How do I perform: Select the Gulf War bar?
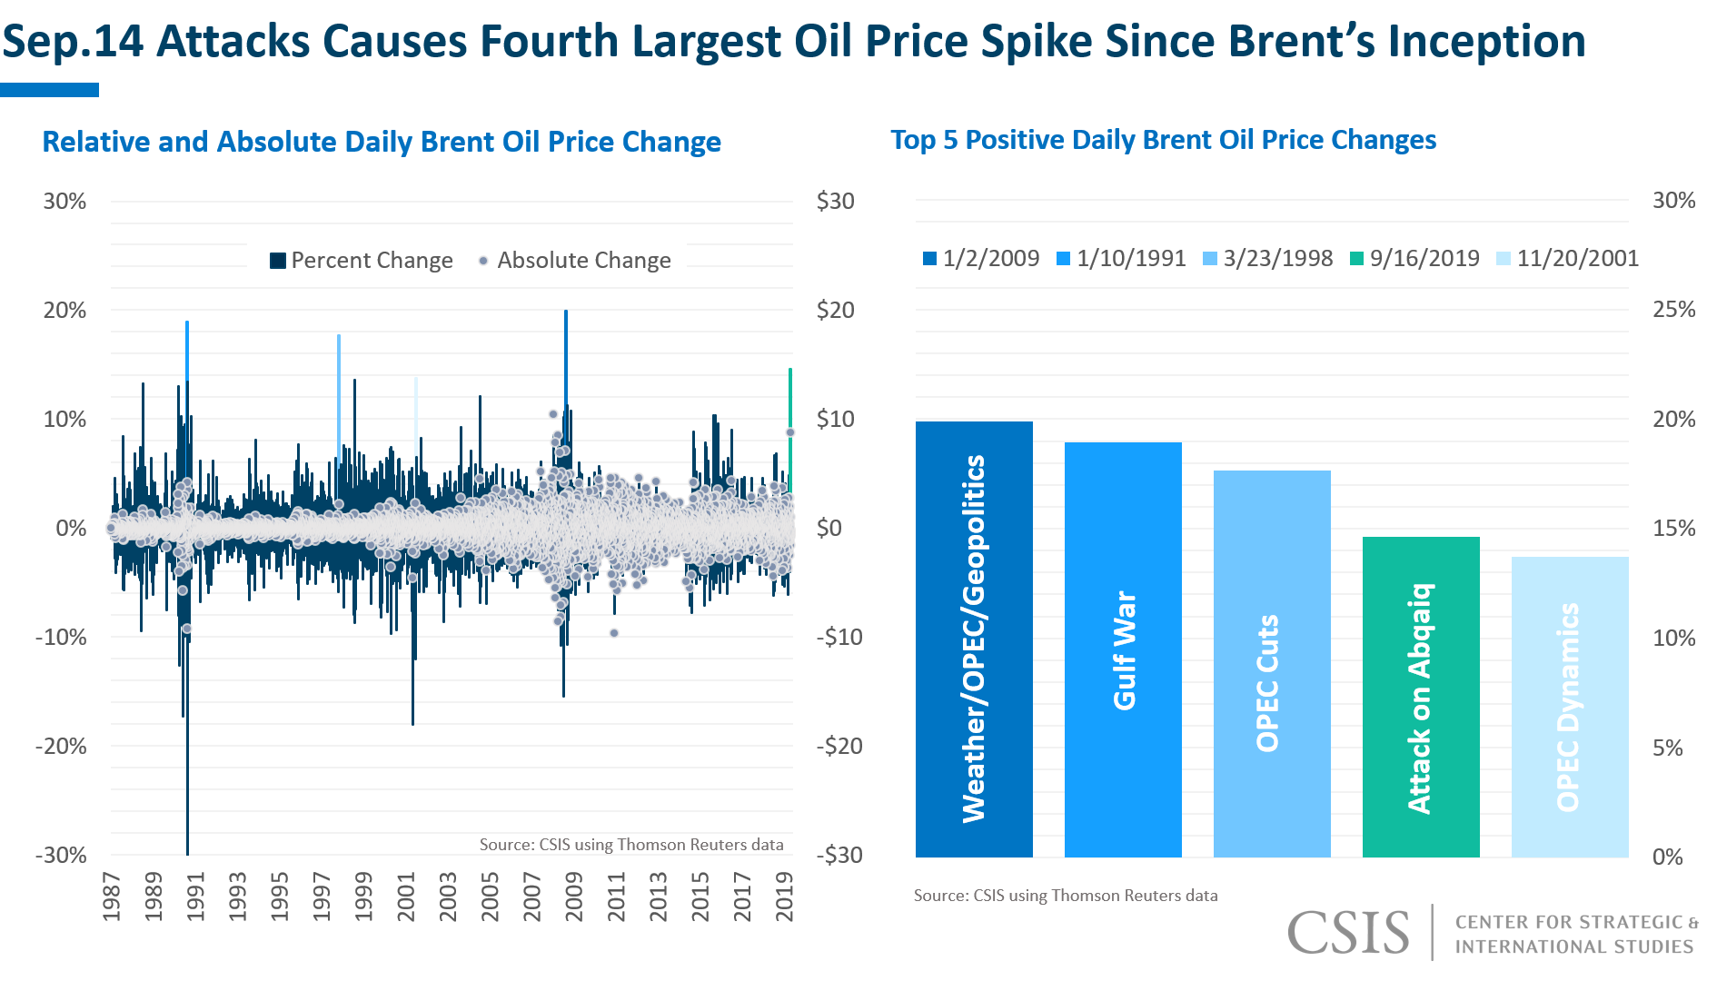[x=1123, y=649]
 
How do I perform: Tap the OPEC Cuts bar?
[x=1272, y=663]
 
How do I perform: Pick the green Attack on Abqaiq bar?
[x=1421, y=697]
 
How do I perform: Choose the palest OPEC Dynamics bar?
[x=1570, y=707]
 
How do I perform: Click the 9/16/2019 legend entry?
[x=1414, y=259]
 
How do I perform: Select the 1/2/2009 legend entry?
[x=981, y=259]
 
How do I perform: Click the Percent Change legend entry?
[x=362, y=261]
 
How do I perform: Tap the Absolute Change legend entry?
[x=575, y=261]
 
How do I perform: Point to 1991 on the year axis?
[x=195, y=897]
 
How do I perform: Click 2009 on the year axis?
[x=574, y=897]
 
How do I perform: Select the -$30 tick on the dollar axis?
[x=839, y=856]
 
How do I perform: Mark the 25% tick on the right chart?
[x=1673, y=310]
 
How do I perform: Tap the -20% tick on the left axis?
[x=61, y=747]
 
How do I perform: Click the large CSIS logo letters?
[x=1348, y=933]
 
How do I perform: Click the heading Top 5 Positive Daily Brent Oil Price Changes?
[x=1163, y=140]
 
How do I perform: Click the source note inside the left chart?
[x=631, y=845]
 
